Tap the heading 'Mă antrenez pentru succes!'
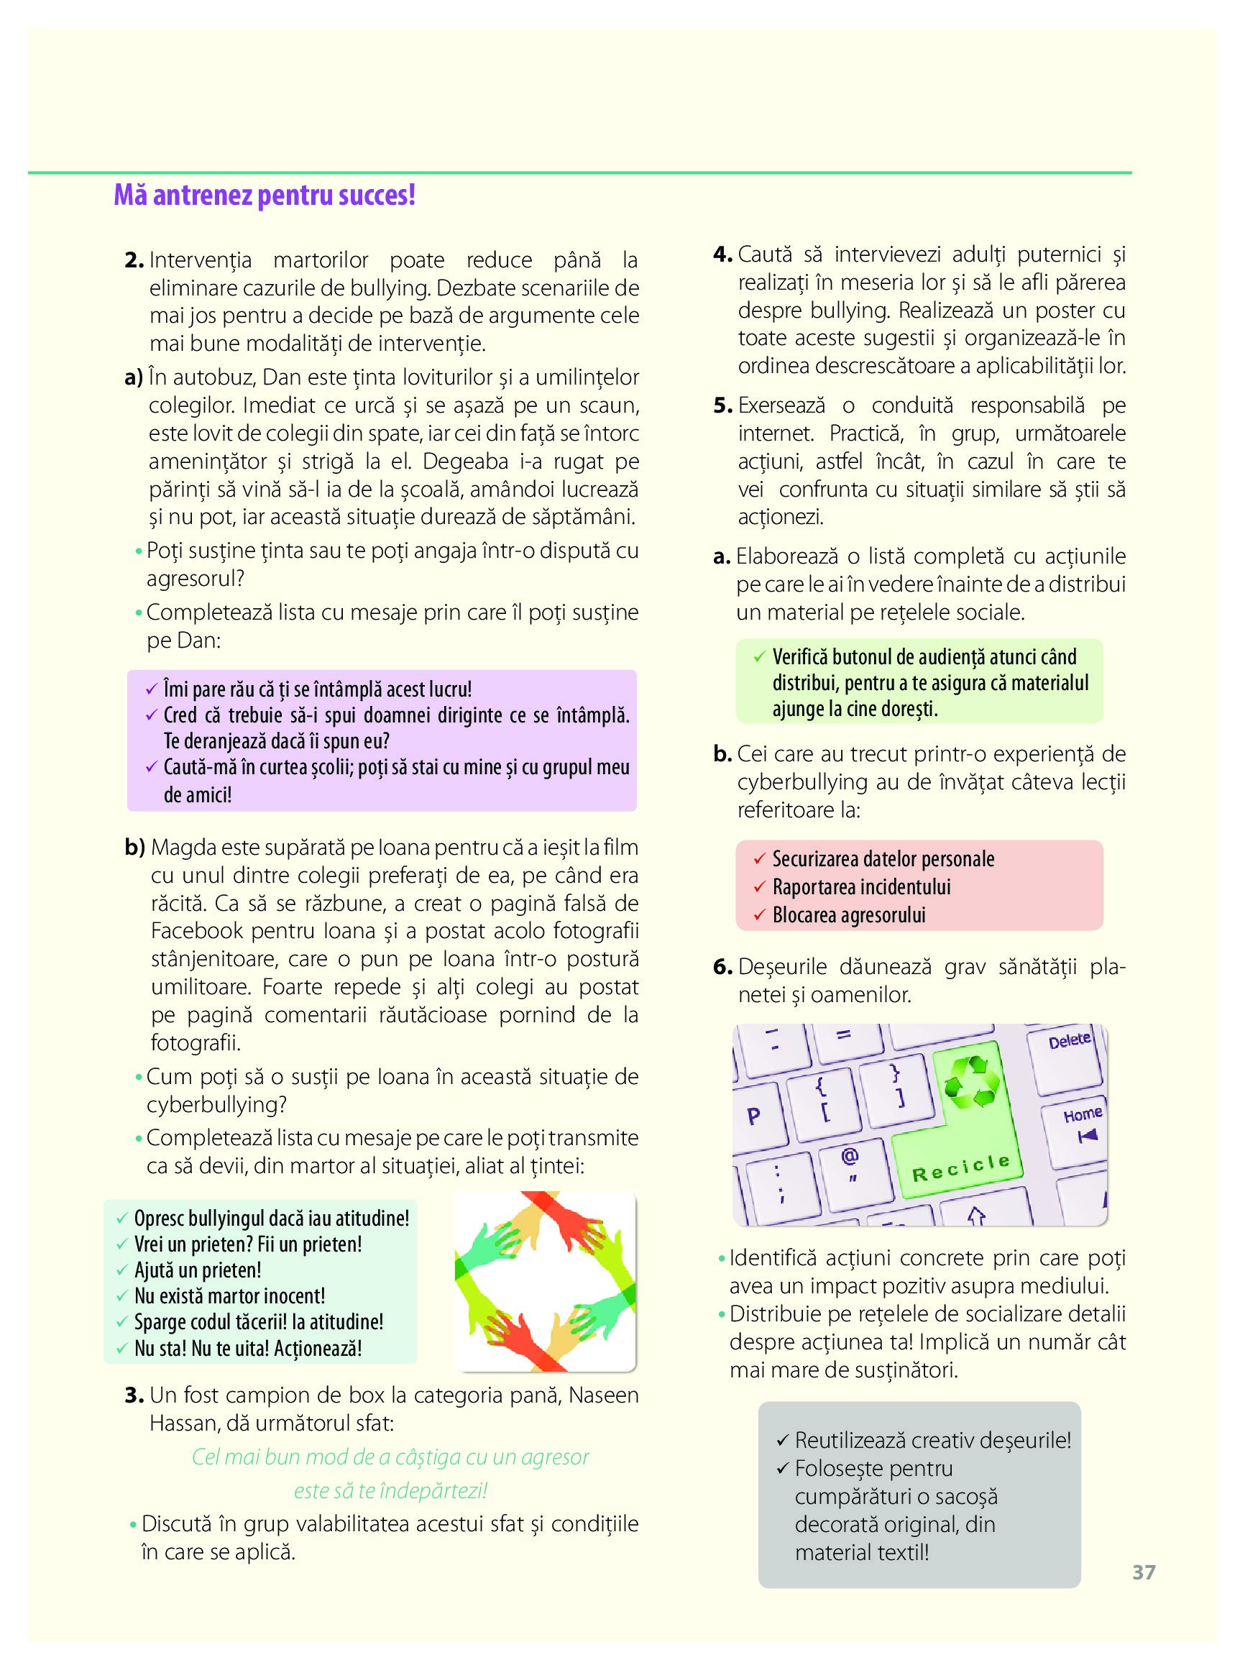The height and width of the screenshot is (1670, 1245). point(265,196)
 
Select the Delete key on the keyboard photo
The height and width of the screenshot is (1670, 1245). point(1070,1041)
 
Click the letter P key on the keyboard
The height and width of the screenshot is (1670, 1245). point(753,1116)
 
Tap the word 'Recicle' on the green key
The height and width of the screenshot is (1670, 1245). point(961,1169)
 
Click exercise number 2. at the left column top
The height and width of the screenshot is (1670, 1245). point(134,261)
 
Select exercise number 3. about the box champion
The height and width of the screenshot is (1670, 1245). point(134,1395)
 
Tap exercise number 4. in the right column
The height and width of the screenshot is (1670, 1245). point(722,254)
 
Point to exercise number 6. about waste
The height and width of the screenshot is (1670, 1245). point(722,967)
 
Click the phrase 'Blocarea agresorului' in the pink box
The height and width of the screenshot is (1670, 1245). point(849,916)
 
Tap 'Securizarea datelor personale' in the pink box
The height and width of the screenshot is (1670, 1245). point(883,859)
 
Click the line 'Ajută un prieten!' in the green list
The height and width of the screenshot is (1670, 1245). point(198,1270)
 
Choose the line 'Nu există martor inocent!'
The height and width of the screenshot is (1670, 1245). point(229,1296)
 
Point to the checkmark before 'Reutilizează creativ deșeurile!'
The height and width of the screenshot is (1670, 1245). point(781,1441)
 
